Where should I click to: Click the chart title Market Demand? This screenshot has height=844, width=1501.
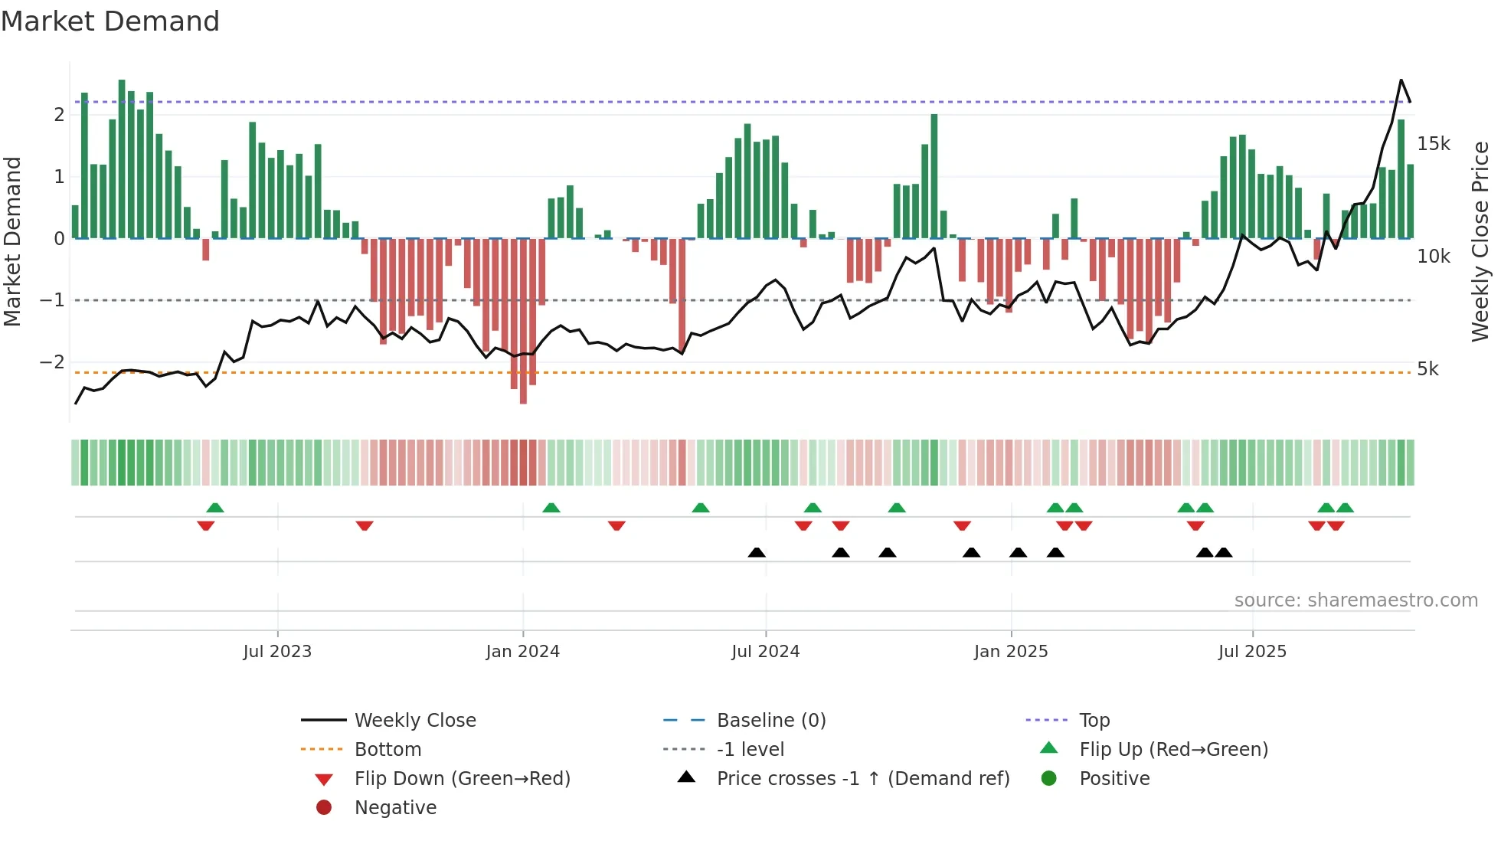(x=110, y=21)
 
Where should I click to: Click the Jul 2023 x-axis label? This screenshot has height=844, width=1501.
(x=277, y=652)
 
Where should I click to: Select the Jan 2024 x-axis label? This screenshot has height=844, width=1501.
(x=522, y=652)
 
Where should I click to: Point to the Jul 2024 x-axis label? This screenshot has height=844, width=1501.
(x=765, y=652)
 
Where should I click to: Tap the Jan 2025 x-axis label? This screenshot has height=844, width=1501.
(x=1010, y=652)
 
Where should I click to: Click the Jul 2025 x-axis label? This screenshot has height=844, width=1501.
(x=1252, y=652)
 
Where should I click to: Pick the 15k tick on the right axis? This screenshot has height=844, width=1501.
(x=1433, y=144)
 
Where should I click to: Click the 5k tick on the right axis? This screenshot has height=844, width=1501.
(x=1427, y=369)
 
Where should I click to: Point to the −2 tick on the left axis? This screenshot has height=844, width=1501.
(x=52, y=362)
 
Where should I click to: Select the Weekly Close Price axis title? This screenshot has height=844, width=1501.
(x=1480, y=241)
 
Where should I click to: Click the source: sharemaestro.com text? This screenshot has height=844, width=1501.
(x=1355, y=600)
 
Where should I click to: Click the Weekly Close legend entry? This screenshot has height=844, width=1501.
(x=414, y=721)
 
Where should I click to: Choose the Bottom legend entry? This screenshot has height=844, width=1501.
(x=388, y=750)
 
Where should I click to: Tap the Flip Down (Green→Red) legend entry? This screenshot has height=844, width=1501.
(x=462, y=779)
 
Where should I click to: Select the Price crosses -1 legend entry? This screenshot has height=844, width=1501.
(x=862, y=779)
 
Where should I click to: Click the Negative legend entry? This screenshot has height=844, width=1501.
(x=395, y=808)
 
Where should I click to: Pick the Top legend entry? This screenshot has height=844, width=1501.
(x=1094, y=721)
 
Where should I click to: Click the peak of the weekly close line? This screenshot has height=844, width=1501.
(x=1401, y=80)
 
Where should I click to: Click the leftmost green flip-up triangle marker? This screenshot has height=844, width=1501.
(x=215, y=508)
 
